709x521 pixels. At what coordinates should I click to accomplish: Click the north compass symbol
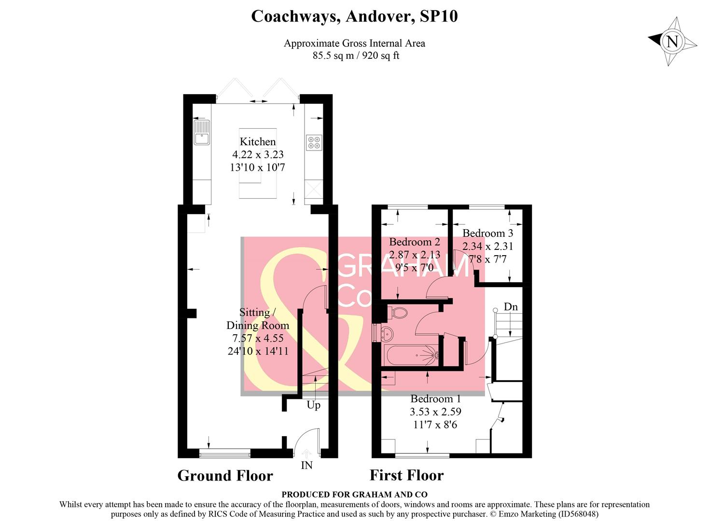point(672,41)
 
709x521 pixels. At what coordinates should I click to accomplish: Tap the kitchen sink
point(201,133)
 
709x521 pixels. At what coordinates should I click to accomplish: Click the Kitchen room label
point(258,142)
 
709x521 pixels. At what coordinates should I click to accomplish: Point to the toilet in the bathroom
point(399,313)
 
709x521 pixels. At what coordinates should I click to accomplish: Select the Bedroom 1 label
point(435,399)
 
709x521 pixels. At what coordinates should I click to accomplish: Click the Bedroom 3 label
point(487,233)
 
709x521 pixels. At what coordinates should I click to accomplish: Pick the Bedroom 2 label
point(415,242)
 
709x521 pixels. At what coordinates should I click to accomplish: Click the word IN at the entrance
point(306,466)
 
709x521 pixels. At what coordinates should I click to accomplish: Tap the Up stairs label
point(314,405)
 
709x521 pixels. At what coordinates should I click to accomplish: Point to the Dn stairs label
point(511,307)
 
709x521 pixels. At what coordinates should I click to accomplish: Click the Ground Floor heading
point(225,476)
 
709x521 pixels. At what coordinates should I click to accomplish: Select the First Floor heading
point(406,475)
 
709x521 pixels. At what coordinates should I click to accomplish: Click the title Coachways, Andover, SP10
point(354,16)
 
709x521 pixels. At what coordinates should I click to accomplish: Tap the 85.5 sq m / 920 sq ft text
point(356,55)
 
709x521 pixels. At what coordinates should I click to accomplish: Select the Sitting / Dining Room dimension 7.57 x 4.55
point(258,338)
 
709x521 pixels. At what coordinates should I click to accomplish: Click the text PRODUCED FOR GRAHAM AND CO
point(354,494)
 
